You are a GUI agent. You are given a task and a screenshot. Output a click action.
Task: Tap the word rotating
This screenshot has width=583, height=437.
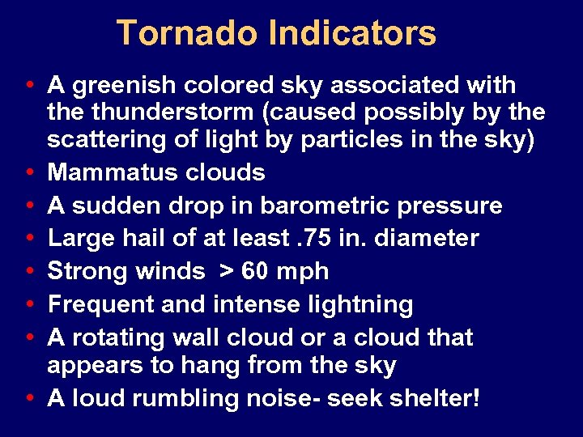pos(117,337)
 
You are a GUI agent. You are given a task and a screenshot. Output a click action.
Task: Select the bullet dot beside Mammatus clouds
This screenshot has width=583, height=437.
pos(29,173)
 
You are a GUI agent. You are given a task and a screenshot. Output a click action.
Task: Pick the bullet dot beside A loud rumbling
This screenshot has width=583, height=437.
pos(29,399)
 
